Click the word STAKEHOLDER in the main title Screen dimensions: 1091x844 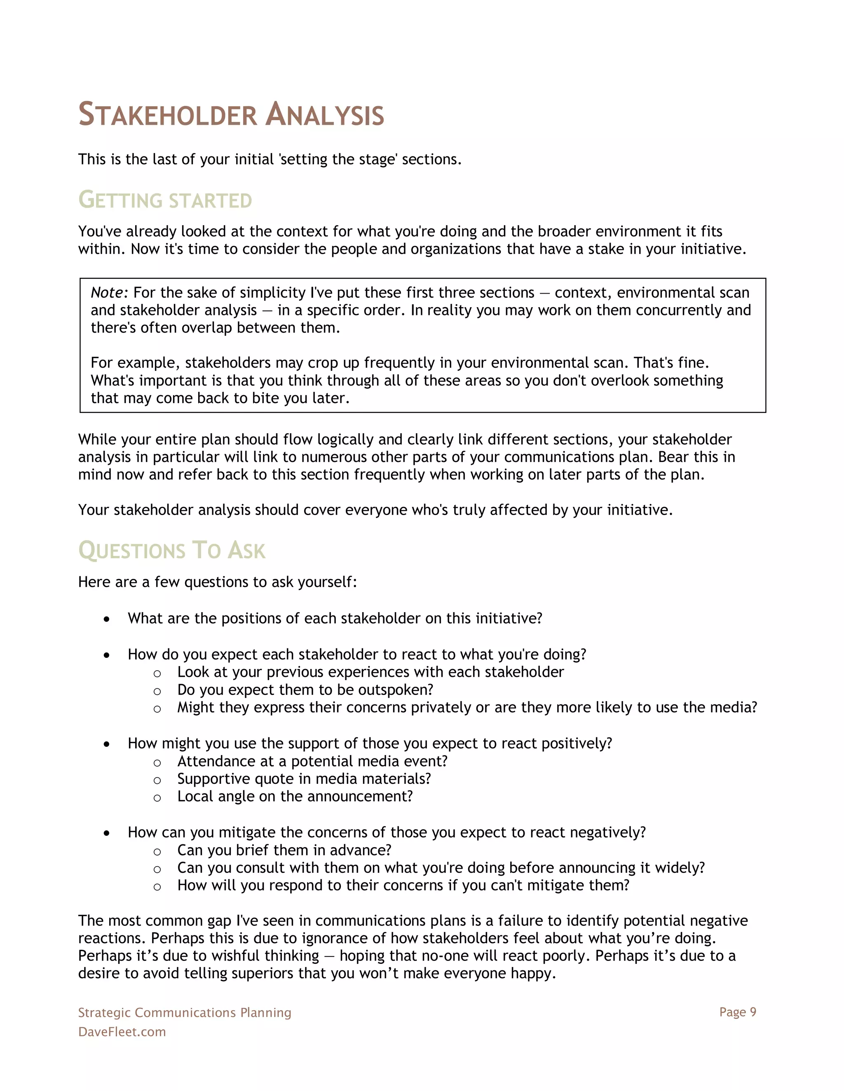pos(167,115)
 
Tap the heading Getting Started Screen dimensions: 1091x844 pos(165,200)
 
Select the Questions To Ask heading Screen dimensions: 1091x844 pos(171,550)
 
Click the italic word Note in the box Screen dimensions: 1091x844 pos(108,293)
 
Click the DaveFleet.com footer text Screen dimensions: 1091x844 pos(122,1032)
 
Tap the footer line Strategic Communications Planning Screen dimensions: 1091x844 pos(185,1013)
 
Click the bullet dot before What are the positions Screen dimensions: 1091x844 pos(106,620)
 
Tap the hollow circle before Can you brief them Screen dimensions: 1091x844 pos(157,852)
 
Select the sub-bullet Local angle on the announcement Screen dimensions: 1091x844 pos(295,796)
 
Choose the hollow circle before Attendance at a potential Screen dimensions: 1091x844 pos(157,763)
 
